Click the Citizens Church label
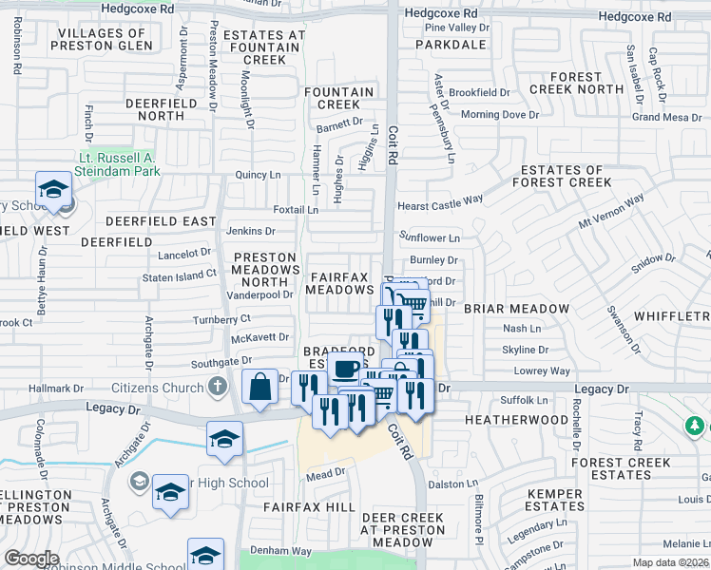click(158, 387)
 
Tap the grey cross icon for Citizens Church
click(218, 387)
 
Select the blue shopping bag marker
click(259, 388)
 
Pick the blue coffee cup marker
click(347, 370)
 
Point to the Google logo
click(31, 559)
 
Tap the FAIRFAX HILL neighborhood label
click(309, 508)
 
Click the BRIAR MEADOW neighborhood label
click(516, 309)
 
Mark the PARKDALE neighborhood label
click(455, 45)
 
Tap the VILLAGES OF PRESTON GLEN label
click(104, 39)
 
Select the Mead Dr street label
click(324, 473)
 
